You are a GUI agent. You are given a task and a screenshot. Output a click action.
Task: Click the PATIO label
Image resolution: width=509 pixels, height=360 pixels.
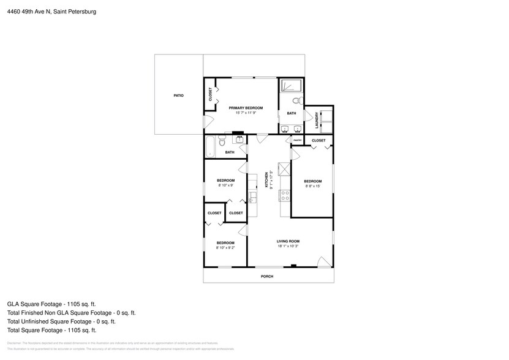pos(178,96)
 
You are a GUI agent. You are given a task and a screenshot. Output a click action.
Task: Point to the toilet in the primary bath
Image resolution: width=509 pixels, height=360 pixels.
pos(296,101)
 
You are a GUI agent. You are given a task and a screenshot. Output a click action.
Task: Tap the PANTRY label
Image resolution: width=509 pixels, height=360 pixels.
pos(297,141)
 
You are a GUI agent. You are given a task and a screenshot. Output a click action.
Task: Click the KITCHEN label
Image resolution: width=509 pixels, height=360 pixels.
pos(266,179)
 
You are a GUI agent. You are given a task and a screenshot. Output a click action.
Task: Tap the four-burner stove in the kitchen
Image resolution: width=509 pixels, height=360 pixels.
pos(285,195)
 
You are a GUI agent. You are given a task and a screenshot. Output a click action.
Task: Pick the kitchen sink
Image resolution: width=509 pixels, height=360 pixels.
pos(252,197)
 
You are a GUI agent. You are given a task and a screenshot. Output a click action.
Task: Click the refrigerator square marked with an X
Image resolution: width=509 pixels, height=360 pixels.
pos(284,168)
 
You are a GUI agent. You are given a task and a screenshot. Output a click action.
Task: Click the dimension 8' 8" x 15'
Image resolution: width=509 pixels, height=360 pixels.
pos(313,186)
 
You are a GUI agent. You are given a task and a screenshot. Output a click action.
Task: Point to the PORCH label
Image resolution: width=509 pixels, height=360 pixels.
pos(267,276)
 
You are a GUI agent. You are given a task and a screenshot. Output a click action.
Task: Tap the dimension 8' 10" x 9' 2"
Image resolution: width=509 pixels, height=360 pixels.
pos(225,248)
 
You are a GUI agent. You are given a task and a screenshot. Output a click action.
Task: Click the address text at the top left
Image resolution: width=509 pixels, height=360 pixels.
pos(51,11)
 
